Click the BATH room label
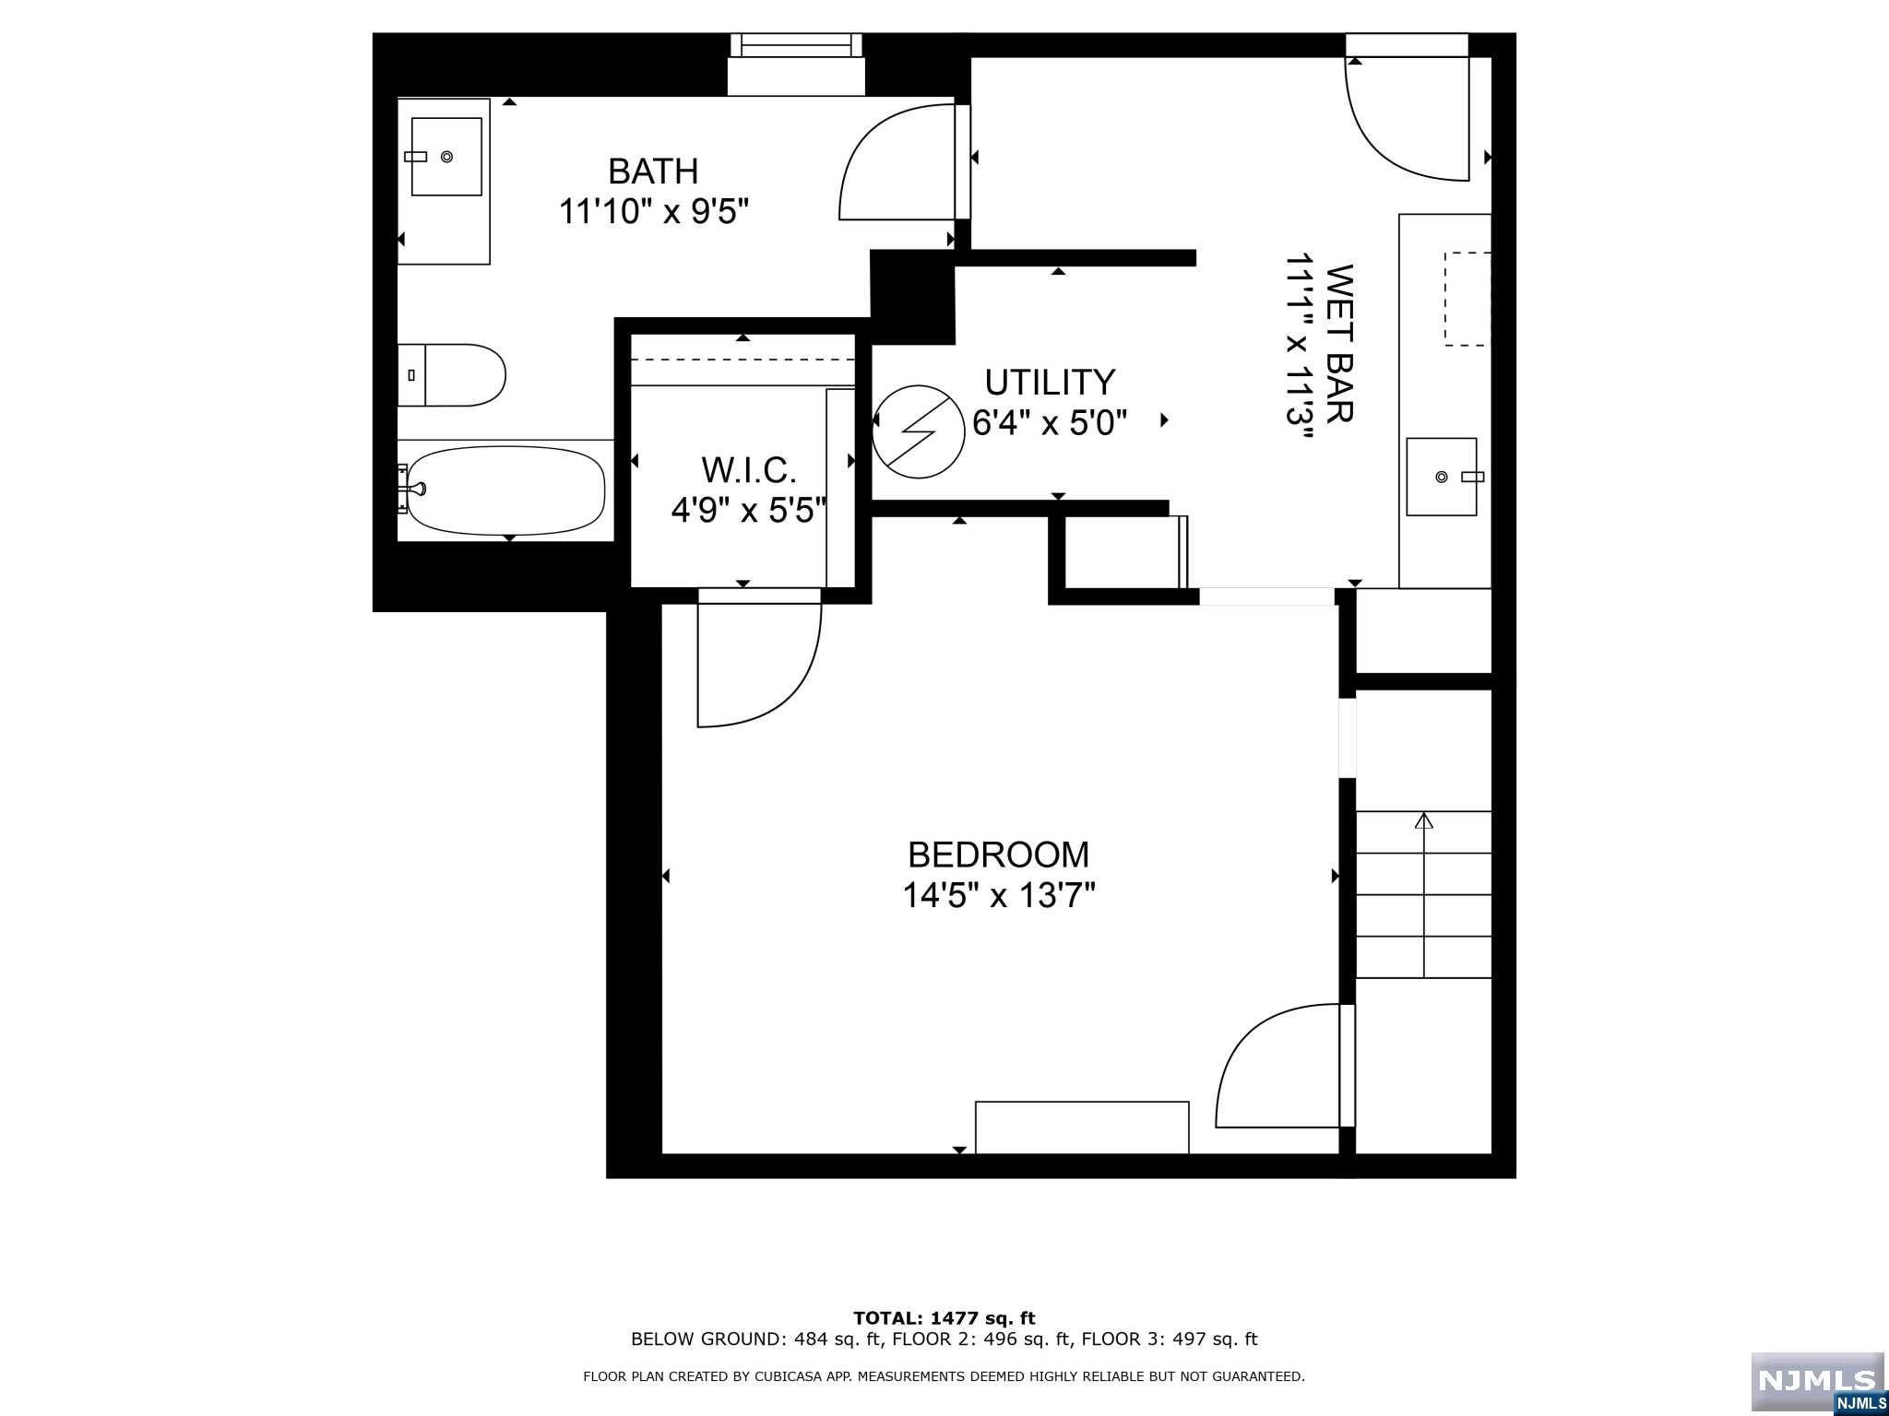pos(653,171)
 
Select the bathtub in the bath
pos(505,490)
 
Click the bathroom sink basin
pos(446,157)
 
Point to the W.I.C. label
pos(748,470)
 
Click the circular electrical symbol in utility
pos(917,431)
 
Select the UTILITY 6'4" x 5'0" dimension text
pos(1050,423)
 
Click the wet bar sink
pos(1442,476)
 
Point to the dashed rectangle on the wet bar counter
pos(1467,299)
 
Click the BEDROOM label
pos(998,855)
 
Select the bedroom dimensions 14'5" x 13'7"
pos(998,895)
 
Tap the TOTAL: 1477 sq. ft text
pos(944,1318)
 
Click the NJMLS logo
pos(1818,1381)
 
